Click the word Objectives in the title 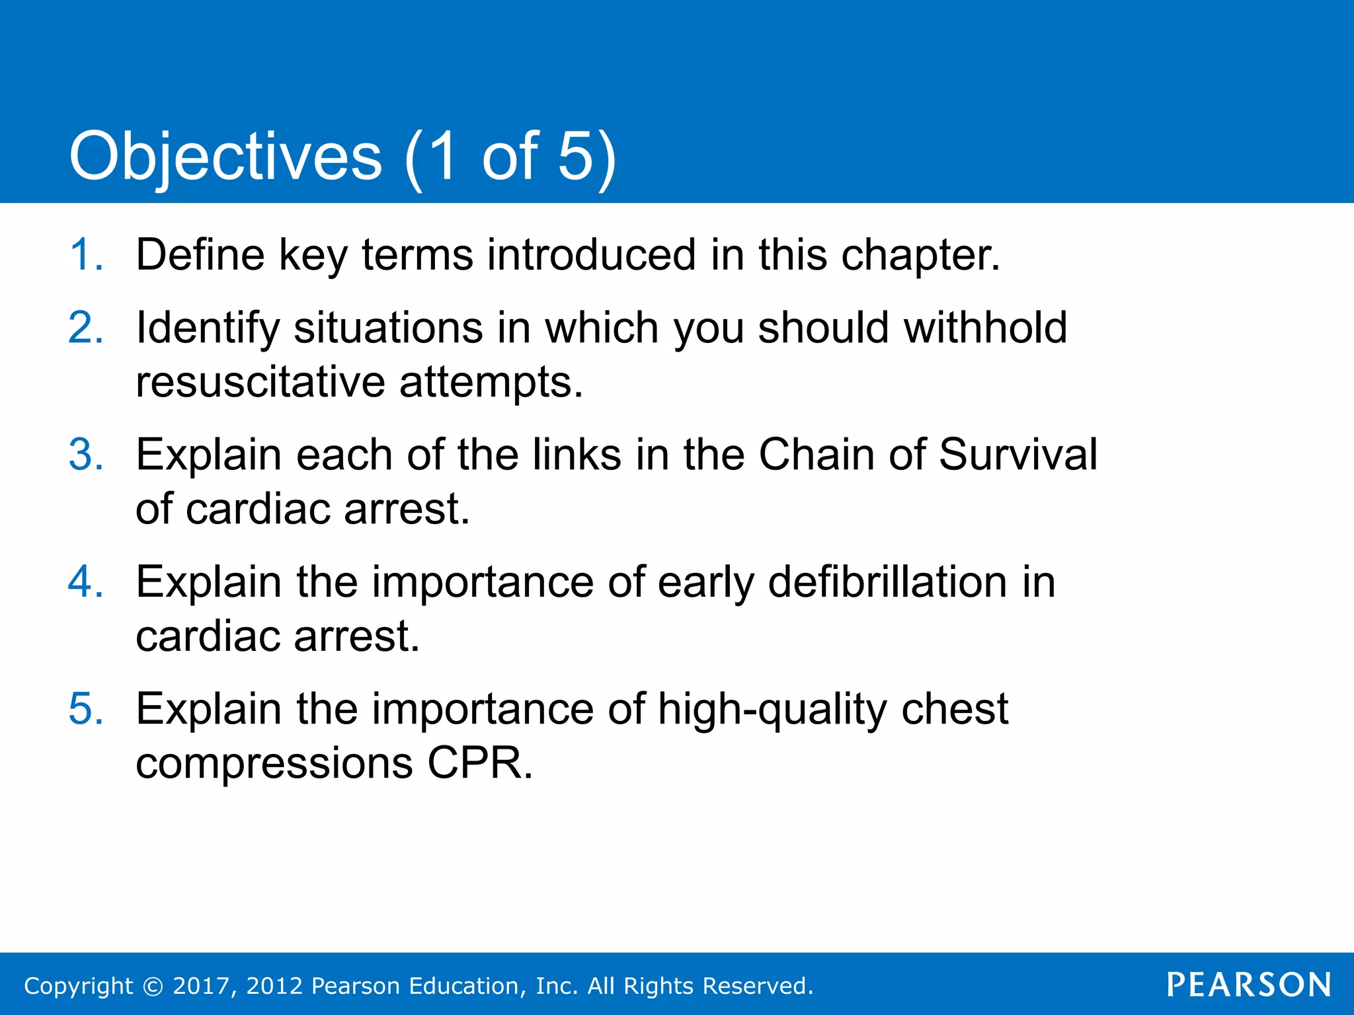pyautogui.click(x=225, y=157)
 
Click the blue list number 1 pyautogui.click(x=85, y=254)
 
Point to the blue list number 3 pyautogui.click(x=85, y=455)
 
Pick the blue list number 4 pyautogui.click(x=85, y=582)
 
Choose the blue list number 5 pyautogui.click(x=85, y=708)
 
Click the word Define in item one pyautogui.click(x=200, y=254)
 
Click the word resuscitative pyautogui.click(x=260, y=382)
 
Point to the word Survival pyautogui.click(x=1017, y=455)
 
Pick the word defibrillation pyautogui.click(x=887, y=582)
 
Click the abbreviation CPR pyautogui.click(x=479, y=763)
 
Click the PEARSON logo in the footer pyautogui.click(x=1248, y=985)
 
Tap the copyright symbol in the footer pyautogui.click(x=153, y=986)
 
